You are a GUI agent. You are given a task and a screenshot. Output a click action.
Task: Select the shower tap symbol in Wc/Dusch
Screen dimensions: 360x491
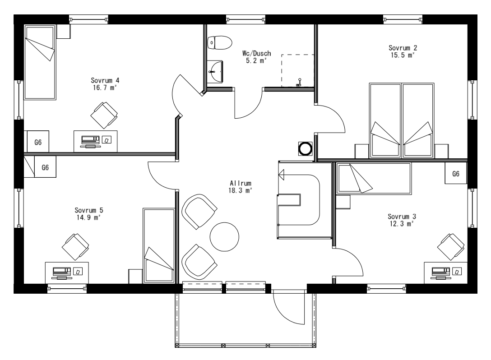[x=298, y=83]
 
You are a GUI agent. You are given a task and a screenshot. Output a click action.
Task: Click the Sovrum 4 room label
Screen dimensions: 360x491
[x=105, y=80]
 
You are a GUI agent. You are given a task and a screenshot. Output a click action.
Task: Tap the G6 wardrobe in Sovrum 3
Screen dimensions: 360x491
[x=456, y=174]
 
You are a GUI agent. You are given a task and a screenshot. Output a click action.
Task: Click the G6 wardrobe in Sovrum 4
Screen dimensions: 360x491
[x=38, y=142]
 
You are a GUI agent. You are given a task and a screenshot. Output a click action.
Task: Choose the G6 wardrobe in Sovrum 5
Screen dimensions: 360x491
[x=45, y=167]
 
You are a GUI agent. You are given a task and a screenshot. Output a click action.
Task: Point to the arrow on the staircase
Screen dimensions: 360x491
[x=283, y=174]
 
